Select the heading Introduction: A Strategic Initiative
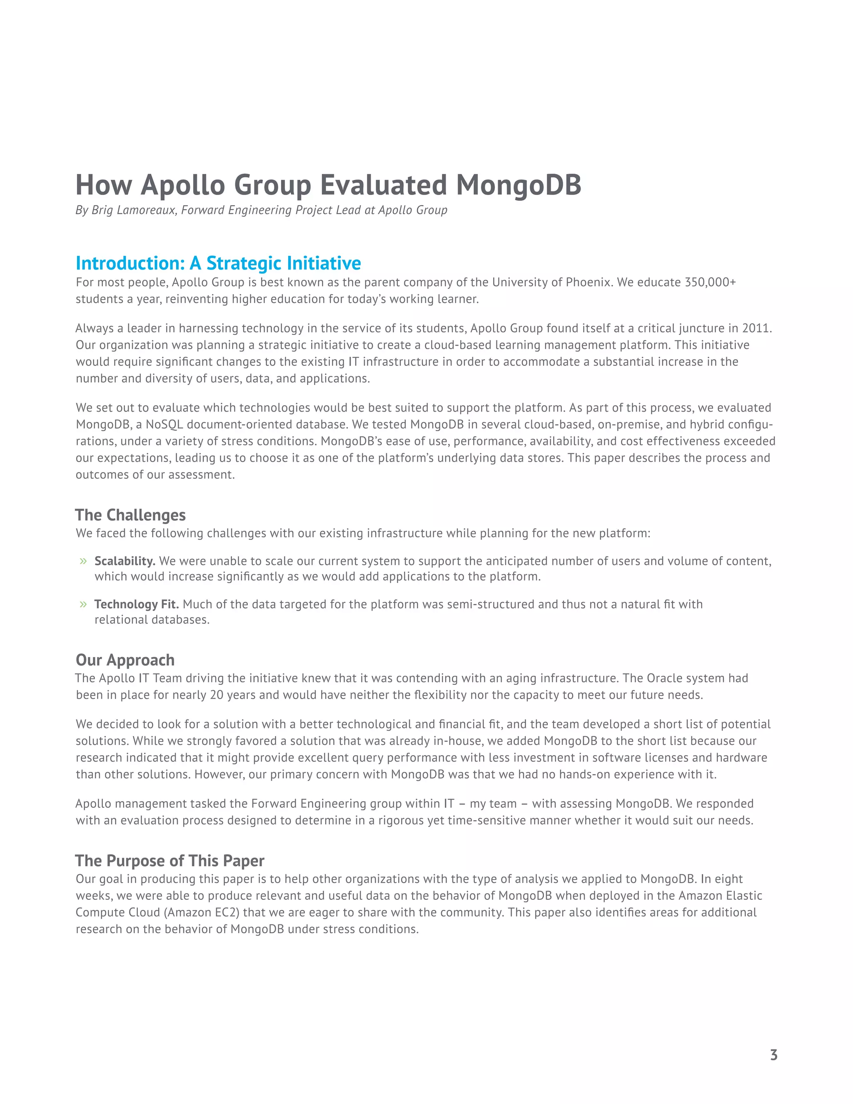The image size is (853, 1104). coord(218,263)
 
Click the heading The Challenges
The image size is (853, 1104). coord(130,515)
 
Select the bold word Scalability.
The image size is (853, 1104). coord(124,561)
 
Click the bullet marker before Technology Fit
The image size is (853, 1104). coord(83,604)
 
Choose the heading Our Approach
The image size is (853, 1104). coord(125,660)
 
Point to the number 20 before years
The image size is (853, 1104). coord(216,695)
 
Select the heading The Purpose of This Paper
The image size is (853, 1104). coord(170,861)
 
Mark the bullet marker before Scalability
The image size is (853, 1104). coord(83,561)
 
